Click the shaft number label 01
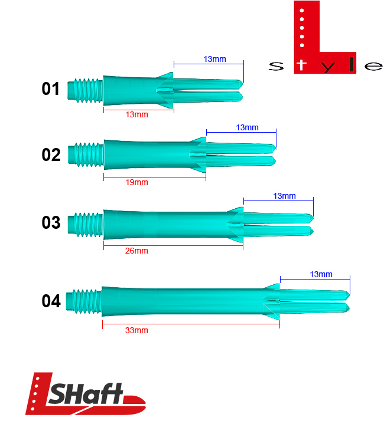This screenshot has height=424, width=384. (51, 90)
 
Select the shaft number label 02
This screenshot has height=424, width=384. (51, 155)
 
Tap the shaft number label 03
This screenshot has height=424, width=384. (51, 223)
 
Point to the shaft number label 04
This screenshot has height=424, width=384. (51, 301)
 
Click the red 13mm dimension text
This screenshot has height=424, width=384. (136, 114)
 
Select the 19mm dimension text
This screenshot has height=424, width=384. (136, 182)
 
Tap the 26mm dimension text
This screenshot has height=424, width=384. (136, 251)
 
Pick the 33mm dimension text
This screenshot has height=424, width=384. (136, 330)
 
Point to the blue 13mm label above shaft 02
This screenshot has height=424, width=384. (247, 128)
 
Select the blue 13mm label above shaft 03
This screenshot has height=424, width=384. (284, 196)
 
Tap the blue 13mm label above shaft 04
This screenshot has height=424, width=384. (321, 274)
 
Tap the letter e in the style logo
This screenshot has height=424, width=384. (373, 66)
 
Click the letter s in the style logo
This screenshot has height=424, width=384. (275, 66)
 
